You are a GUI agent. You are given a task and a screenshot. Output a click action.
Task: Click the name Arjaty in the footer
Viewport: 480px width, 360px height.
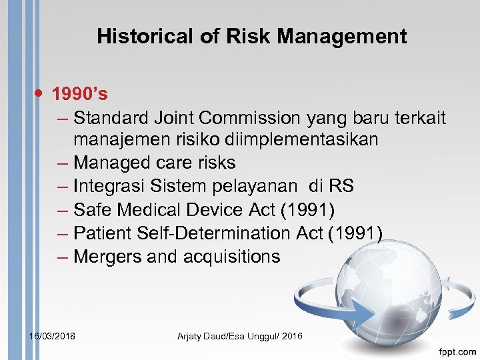(192, 336)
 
